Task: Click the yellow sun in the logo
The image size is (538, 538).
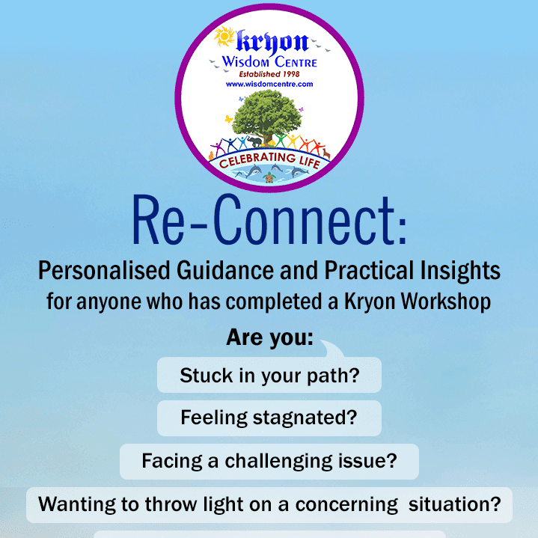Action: [224, 37]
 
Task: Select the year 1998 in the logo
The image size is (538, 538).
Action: [291, 74]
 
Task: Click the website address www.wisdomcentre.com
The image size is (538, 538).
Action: [269, 85]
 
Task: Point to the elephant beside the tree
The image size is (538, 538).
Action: [254, 141]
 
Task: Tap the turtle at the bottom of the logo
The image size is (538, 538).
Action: [269, 178]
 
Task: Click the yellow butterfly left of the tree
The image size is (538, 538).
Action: [228, 119]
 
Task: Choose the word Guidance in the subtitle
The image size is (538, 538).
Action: [225, 271]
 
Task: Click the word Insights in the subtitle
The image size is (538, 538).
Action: [460, 271]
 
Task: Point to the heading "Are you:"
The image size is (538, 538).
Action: [269, 337]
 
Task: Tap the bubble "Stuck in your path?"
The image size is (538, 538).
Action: [269, 375]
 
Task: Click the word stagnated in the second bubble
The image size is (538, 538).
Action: [305, 418]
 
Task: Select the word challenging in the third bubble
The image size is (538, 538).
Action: [278, 462]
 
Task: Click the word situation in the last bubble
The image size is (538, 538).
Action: [455, 504]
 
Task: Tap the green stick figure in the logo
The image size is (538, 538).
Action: [281, 140]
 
